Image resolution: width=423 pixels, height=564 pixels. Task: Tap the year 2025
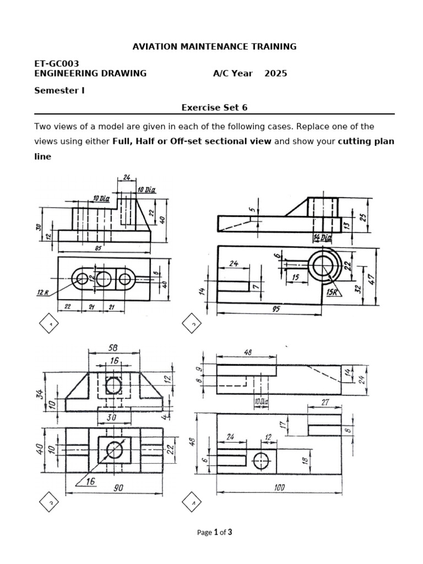coord(275,73)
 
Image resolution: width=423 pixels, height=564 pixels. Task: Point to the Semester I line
coord(59,90)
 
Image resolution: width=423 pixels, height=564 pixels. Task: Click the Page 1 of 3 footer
coord(214,532)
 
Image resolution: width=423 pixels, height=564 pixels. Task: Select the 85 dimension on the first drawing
coord(99,248)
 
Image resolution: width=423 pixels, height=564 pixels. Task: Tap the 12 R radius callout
coord(44,292)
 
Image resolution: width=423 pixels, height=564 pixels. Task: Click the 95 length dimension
coord(275,310)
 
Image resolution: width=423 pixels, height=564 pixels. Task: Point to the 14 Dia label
coord(323,237)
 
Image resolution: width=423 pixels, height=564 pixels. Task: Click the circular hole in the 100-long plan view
coord(262,460)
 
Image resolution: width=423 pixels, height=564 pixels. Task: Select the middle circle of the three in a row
coord(104,279)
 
